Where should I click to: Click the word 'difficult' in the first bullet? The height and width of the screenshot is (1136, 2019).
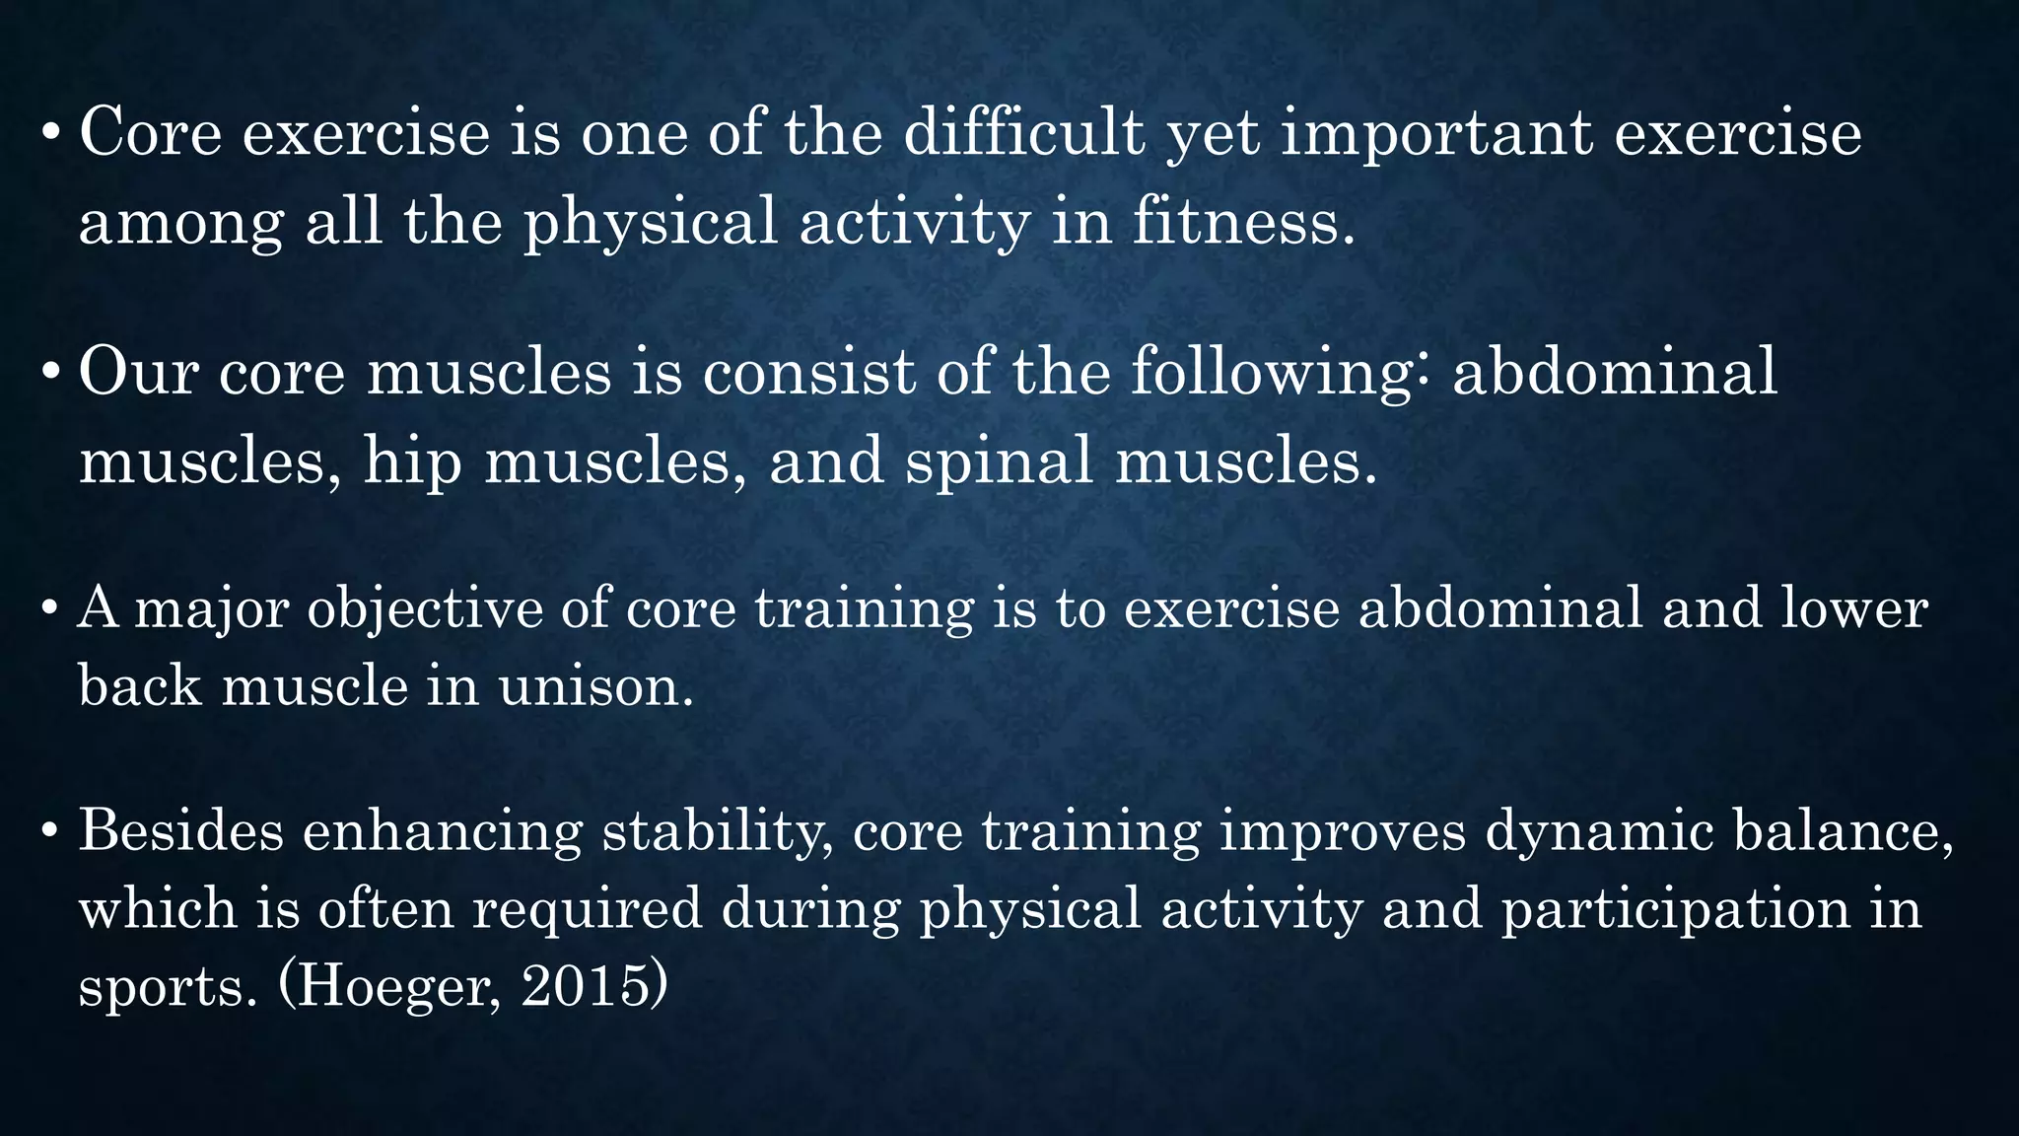click(x=1024, y=133)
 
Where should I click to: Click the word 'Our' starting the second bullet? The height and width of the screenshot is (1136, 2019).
click(x=138, y=373)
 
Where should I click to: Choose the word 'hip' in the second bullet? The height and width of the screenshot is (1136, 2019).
click(x=412, y=461)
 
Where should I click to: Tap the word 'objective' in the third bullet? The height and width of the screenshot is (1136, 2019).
click(x=425, y=609)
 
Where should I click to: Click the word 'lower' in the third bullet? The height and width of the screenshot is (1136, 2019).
click(x=1853, y=608)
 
